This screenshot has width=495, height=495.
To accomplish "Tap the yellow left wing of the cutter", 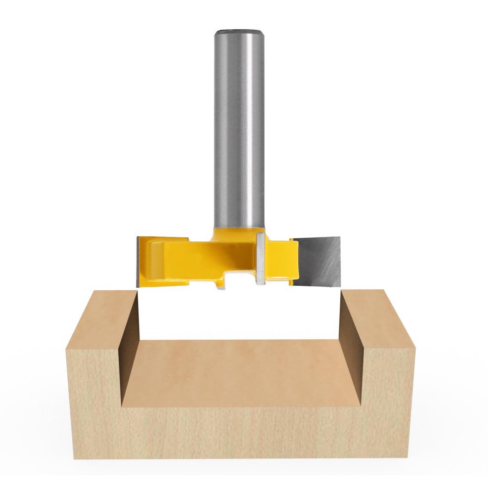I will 163,257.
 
